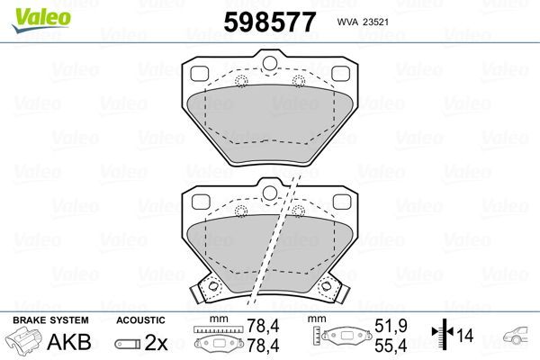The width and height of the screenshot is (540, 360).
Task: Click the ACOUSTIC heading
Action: pyautogui.click(x=140, y=319)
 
